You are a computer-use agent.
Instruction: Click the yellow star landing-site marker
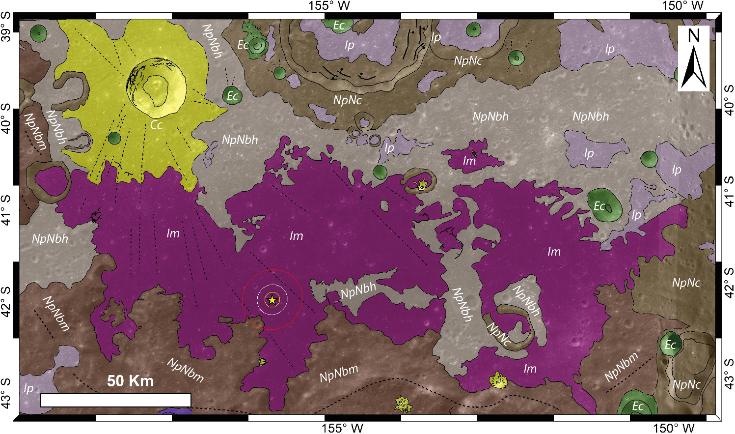pos(272,299)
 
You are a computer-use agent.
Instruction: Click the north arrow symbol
pos(693,59)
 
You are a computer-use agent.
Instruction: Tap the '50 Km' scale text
pos(130,381)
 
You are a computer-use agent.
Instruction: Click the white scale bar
pos(115,400)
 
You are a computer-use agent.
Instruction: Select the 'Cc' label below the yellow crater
pos(156,125)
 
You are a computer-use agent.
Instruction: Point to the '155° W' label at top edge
pos(329,6)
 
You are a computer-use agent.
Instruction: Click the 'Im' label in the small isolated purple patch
pos(469,161)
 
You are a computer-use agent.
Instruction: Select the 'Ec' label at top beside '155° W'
pos(339,25)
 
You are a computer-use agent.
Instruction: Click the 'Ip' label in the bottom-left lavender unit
pos(28,388)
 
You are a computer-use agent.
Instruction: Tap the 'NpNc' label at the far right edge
pos(686,283)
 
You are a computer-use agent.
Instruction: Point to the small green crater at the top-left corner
pos(38,33)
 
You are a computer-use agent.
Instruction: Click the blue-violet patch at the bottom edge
pos(170,411)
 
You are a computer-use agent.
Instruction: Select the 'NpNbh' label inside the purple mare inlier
pos(358,290)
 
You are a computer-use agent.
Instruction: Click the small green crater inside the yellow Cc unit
pos(114,138)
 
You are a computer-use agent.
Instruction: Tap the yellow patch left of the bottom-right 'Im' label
pos(500,379)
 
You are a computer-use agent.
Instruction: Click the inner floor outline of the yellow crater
pos(156,90)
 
